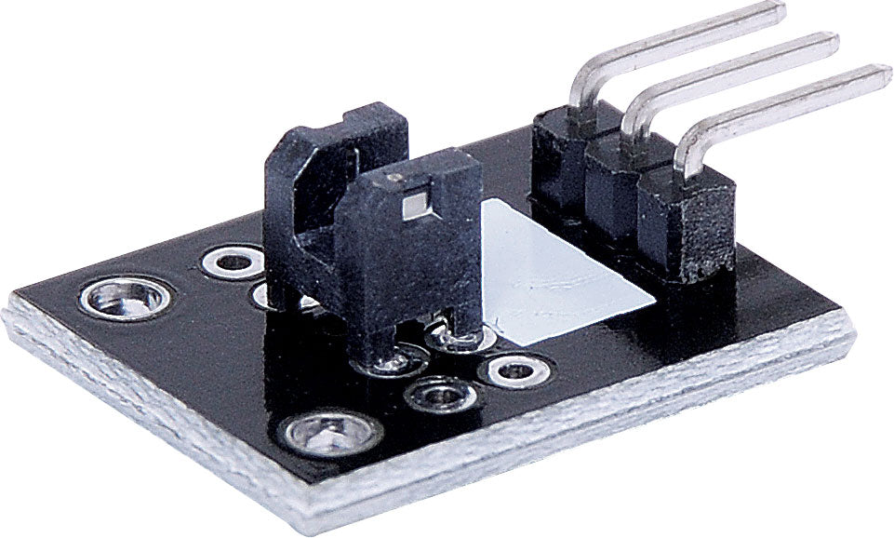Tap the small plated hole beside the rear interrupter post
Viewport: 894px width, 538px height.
point(233,262)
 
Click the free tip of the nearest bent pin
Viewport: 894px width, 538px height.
point(879,74)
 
